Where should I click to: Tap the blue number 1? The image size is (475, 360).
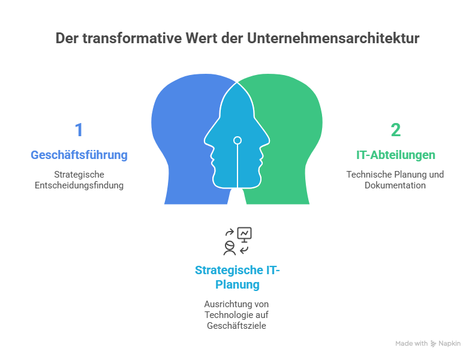pos(79,130)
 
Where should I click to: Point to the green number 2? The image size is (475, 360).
pos(395,130)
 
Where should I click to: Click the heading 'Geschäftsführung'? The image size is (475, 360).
pos(79,155)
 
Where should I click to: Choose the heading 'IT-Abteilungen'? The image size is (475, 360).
pos(395,155)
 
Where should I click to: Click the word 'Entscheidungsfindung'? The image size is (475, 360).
pos(79,185)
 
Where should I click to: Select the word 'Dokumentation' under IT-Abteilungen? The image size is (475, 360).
pos(395,185)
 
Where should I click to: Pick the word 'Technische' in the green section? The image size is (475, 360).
pos(366,175)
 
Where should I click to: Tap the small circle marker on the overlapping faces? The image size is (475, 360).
pos(237,140)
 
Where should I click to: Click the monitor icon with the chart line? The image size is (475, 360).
pos(245,234)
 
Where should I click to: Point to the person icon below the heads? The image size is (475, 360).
pos(229,247)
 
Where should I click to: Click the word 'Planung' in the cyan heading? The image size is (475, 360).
pos(237,284)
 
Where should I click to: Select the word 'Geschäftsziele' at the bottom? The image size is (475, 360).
pos(237,326)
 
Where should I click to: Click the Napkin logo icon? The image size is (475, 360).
pos(434,344)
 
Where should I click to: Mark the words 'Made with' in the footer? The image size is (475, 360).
pos(411,344)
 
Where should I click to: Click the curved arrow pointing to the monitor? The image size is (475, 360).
pos(229,232)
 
